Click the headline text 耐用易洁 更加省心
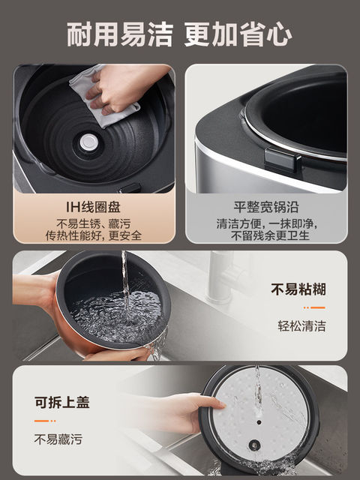coord(180,33)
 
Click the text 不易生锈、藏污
coord(94,223)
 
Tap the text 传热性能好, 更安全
coord(94,235)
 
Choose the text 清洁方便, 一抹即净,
coord(265,223)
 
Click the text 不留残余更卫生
coord(265,235)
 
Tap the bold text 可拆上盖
coord(61,403)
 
